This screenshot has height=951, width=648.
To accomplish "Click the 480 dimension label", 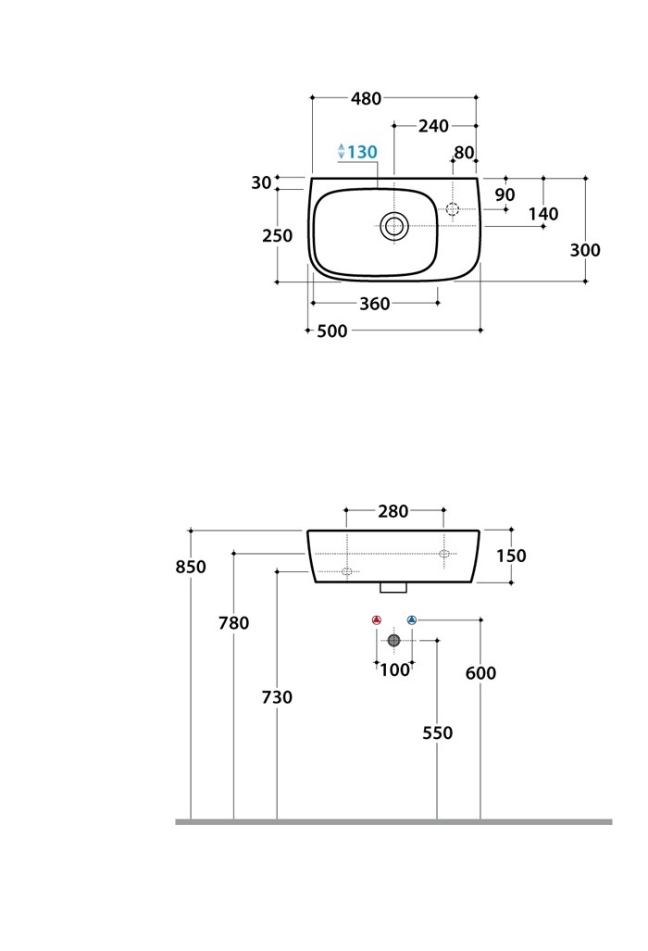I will click(x=367, y=98).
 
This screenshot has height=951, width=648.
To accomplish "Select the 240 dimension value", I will click(x=433, y=126).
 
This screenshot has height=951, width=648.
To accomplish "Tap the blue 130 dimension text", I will click(x=362, y=152).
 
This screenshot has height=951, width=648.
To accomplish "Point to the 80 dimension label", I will click(x=464, y=153).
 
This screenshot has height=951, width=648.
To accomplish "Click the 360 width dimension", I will click(x=374, y=304).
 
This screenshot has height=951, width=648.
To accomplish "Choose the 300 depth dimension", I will click(x=585, y=250).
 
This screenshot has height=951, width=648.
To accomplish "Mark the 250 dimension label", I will click(x=277, y=235).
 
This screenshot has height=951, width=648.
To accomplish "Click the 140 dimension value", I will click(x=543, y=214).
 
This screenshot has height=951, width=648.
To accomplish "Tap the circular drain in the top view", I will click(x=394, y=224).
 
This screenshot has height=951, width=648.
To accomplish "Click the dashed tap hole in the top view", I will click(x=453, y=209).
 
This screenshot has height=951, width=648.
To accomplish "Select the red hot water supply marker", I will click(x=376, y=619).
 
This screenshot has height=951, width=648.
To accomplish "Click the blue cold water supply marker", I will click(x=412, y=619).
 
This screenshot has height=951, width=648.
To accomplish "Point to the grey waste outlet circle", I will click(x=394, y=640).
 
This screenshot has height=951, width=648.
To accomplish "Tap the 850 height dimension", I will click(x=191, y=567).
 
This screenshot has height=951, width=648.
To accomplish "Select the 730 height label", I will click(x=277, y=697).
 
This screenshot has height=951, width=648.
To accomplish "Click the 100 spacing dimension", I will click(x=394, y=669).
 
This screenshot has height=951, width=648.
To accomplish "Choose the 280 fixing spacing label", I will click(x=394, y=511).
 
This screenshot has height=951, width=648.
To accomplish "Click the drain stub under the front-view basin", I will click(x=394, y=587).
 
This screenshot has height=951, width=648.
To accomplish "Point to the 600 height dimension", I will click(x=480, y=673).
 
